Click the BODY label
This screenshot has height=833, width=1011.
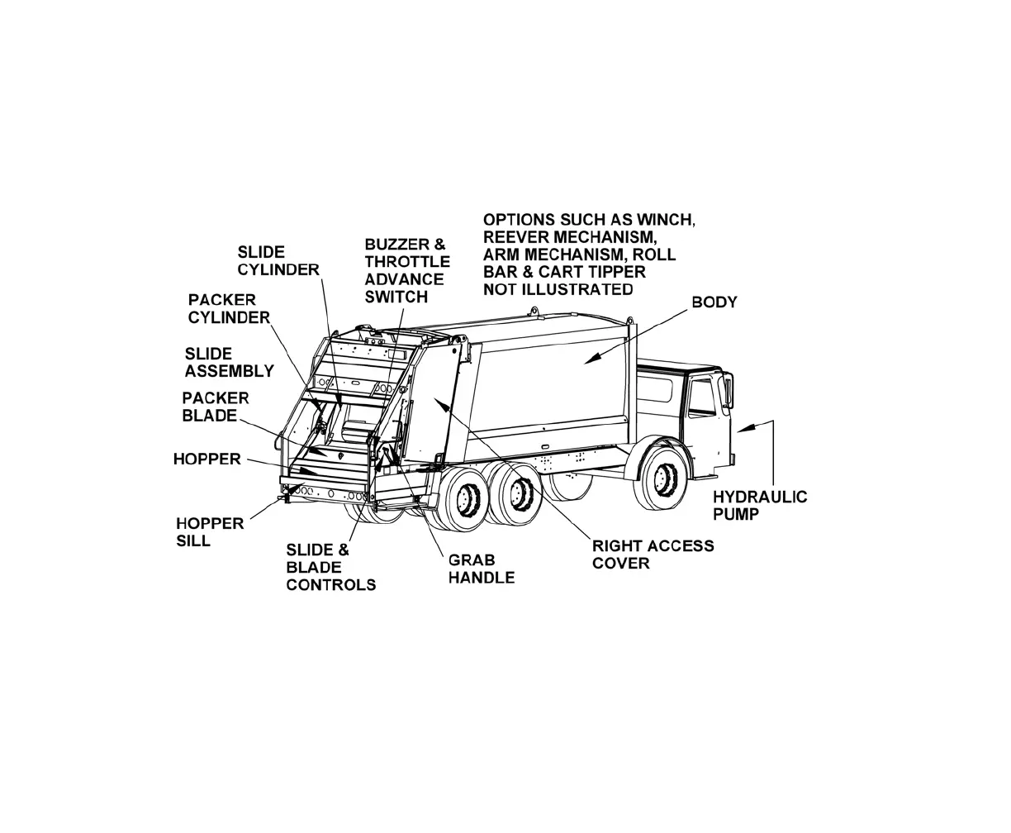714,302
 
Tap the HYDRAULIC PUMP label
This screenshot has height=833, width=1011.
760,505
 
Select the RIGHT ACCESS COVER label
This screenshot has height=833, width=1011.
653,555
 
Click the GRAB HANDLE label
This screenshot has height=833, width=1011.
481,569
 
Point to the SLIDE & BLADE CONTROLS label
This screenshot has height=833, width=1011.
330,567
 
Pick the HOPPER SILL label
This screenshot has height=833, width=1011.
210,532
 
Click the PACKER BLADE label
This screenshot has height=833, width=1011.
215,407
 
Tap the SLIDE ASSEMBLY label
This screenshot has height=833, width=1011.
229,363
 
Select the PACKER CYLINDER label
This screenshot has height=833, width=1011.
229,308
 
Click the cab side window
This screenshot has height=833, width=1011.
702,398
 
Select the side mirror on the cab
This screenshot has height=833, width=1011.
729,390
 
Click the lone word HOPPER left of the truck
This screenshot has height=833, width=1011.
206,459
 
